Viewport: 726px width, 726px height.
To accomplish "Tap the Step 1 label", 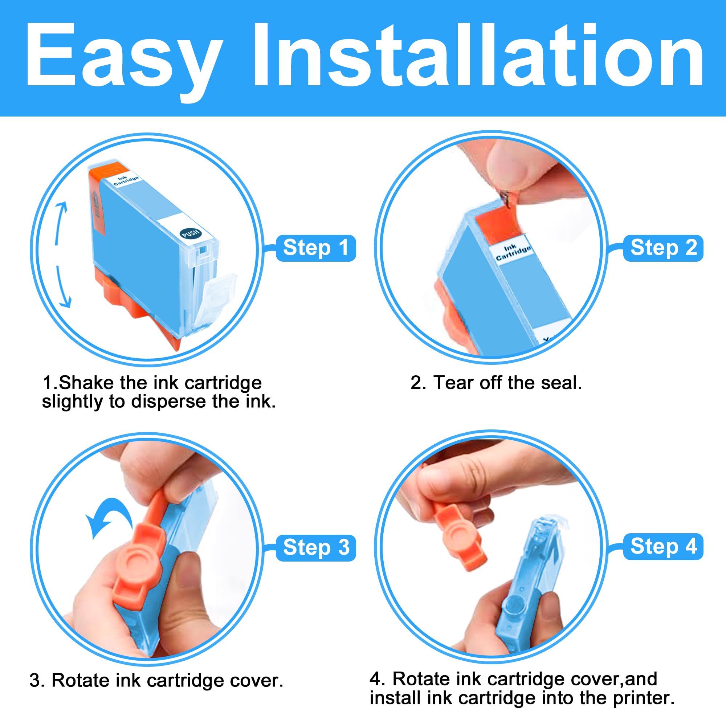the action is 316,248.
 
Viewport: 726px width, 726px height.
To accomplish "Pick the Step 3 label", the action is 316,547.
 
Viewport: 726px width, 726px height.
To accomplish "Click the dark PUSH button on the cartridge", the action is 191,233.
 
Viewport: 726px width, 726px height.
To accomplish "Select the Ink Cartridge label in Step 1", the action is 126,180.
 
